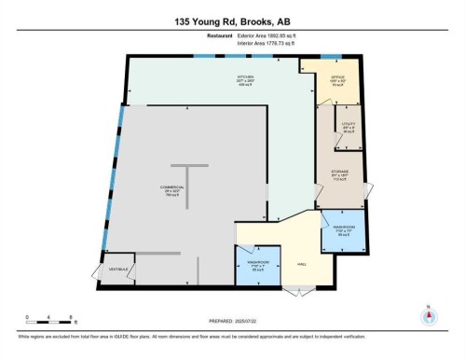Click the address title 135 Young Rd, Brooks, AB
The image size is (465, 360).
pyautogui.click(x=232, y=20)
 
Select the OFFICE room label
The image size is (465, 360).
pyautogui.click(x=338, y=79)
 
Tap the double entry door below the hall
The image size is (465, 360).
pyautogui.click(x=299, y=292)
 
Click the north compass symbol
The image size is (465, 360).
pyautogui.click(x=428, y=314)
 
